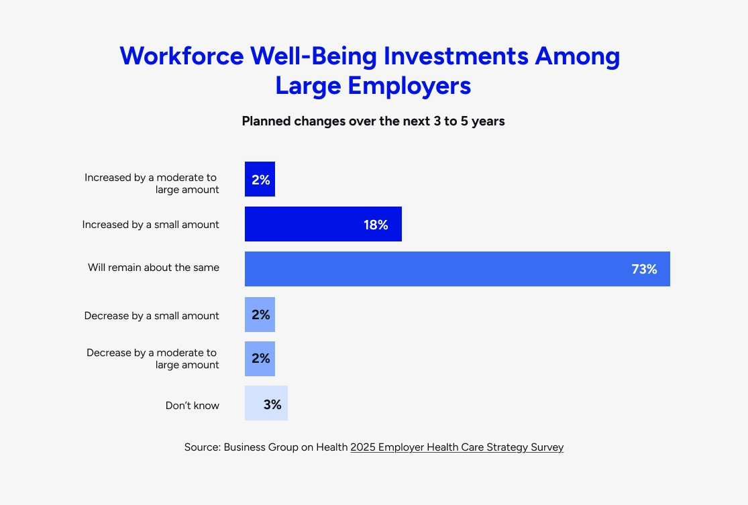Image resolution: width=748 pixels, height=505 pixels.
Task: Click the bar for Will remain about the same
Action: (x=457, y=269)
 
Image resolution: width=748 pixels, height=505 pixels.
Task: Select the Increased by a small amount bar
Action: (x=323, y=224)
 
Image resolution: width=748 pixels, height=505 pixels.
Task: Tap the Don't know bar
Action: (x=266, y=403)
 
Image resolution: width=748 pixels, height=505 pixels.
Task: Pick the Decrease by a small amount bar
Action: (x=260, y=315)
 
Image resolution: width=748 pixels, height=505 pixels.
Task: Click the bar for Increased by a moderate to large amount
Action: (x=260, y=179)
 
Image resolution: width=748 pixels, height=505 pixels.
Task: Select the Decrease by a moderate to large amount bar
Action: (x=260, y=359)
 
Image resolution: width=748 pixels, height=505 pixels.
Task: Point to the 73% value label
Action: (x=644, y=270)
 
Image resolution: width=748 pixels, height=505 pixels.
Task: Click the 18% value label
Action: (x=376, y=225)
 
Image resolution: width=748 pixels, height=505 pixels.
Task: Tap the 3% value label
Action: (x=272, y=405)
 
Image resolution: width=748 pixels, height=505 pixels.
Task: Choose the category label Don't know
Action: (x=193, y=405)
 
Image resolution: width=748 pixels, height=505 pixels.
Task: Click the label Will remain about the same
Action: (x=154, y=268)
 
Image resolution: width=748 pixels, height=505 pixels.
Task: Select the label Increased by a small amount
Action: (x=151, y=225)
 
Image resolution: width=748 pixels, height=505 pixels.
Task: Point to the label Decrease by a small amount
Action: (x=152, y=316)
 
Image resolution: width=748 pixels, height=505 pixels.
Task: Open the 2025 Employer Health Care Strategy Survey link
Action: (x=457, y=447)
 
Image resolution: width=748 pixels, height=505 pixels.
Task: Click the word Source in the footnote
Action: (x=203, y=447)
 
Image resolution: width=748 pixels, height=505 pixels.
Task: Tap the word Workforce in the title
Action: (x=182, y=56)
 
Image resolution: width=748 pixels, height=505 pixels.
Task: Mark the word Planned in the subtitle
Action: (x=266, y=121)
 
